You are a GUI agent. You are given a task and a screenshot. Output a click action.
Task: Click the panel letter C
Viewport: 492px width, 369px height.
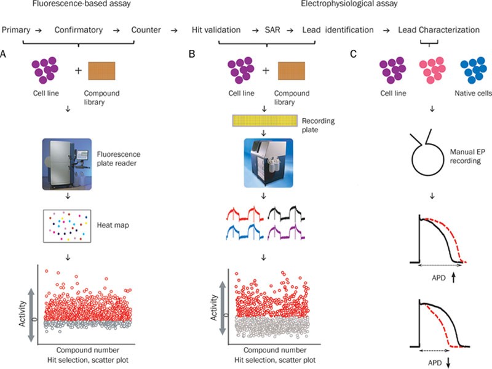click(x=352, y=54)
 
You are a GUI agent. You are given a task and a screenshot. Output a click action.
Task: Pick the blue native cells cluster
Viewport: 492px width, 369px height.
click(x=476, y=71)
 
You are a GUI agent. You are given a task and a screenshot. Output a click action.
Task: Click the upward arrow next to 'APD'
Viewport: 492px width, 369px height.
click(x=453, y=277)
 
